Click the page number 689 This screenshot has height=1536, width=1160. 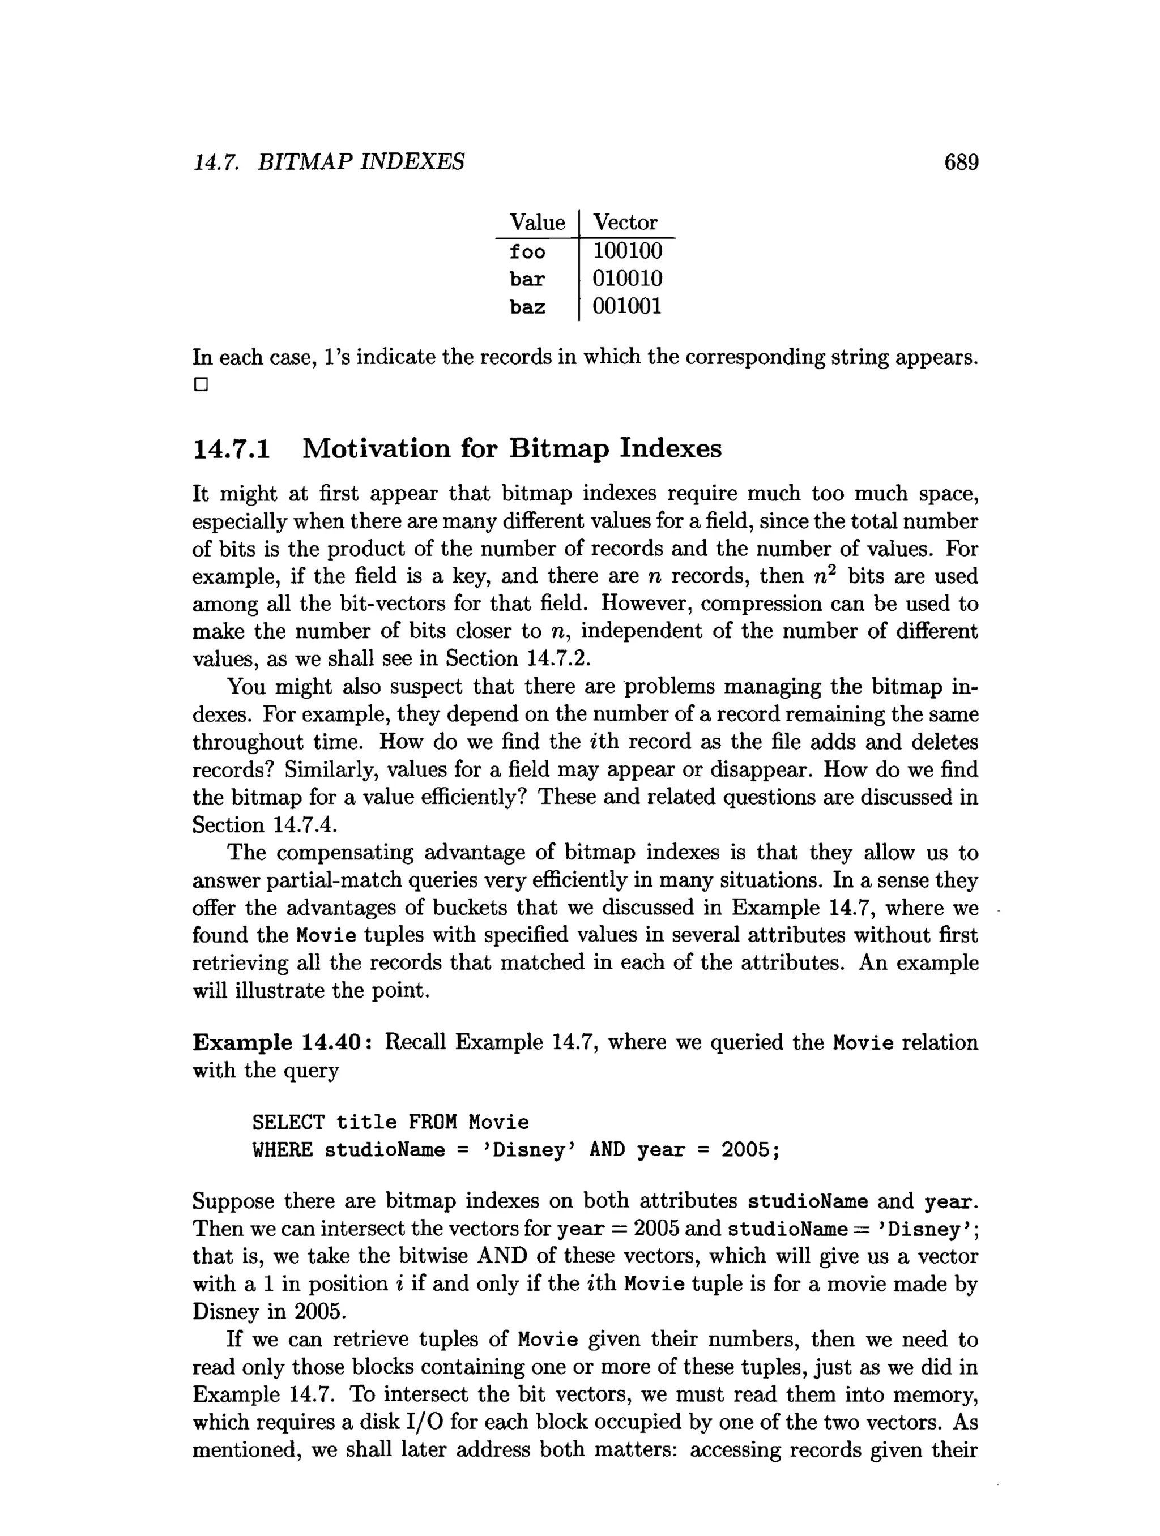(x=961, y=162)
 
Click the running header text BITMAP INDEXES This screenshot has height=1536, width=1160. (x=360, y=162)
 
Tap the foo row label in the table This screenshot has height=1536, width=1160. (x=527, y=251)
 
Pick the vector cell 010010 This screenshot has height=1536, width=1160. (x=626, y=279)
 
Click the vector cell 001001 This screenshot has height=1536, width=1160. (x=626, y=306)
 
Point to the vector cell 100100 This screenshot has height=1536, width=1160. (x=626, y=251)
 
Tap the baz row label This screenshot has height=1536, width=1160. (x=527, y=307)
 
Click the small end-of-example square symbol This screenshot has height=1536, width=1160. (x=201, y=384)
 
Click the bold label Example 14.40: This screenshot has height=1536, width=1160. (x=285, y=1042)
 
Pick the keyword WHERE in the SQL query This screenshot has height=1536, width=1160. (x=282, y=1150)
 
